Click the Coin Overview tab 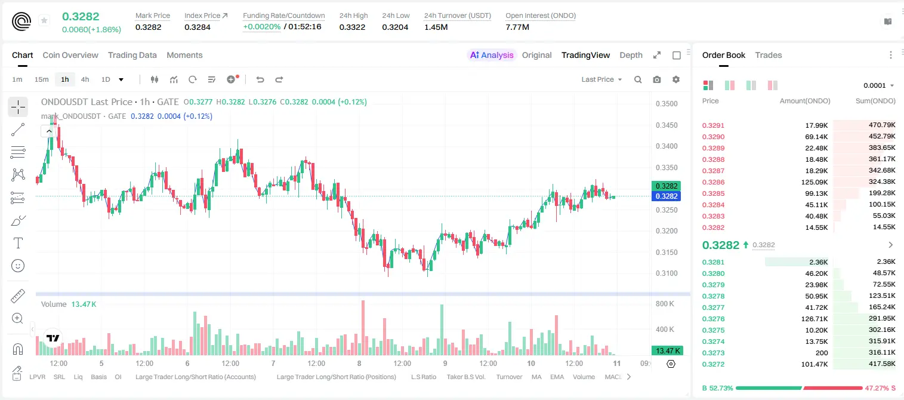point(70,55)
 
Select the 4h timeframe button point(85,79)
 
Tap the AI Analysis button point(492,55)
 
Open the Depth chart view point(631,55)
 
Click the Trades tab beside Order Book point(769,55)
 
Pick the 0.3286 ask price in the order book point(713,182)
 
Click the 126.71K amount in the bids point(814,319)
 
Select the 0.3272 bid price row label point(713,364)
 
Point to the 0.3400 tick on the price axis point(667,146)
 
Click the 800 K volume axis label point(665,303)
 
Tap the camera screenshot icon point(657,79)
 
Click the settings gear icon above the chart point(676,79)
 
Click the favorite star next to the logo point(44,20)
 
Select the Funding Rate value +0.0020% point(261,27)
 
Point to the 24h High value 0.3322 point(352,27)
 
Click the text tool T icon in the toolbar point(18,243)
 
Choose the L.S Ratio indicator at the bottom point(423,377)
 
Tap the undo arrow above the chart point(260,79)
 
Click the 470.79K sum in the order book point(882,125)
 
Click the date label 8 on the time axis point(359,363)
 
